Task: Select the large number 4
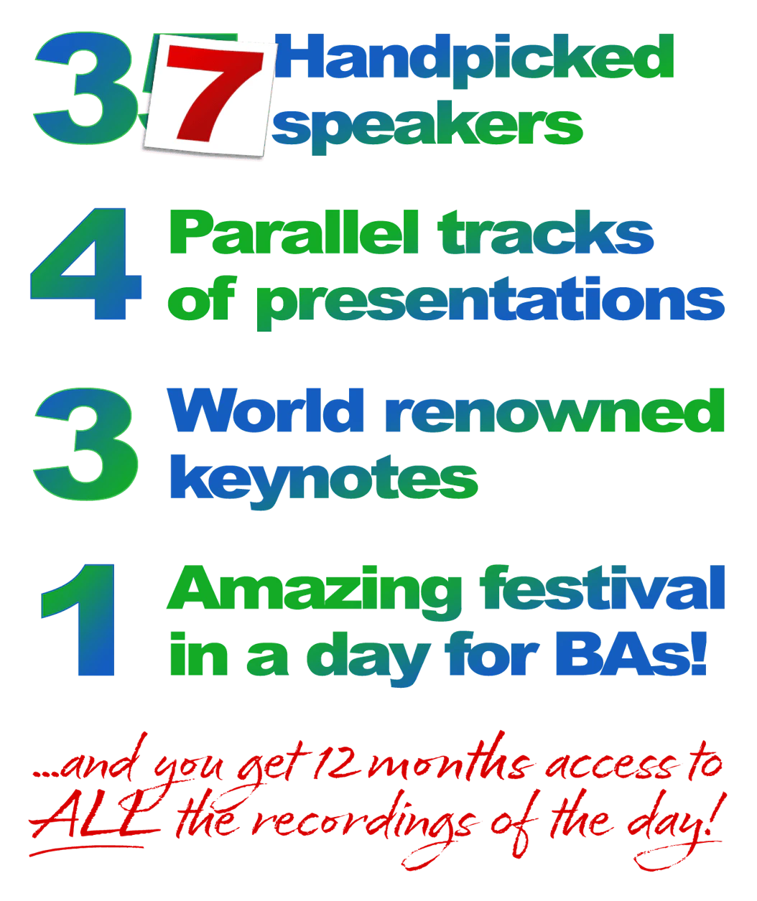pos(86,264)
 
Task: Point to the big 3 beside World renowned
pos(86,444)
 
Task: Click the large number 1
pos(78,620)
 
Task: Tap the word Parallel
pos(294,232)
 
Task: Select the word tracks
pos(546,232)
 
